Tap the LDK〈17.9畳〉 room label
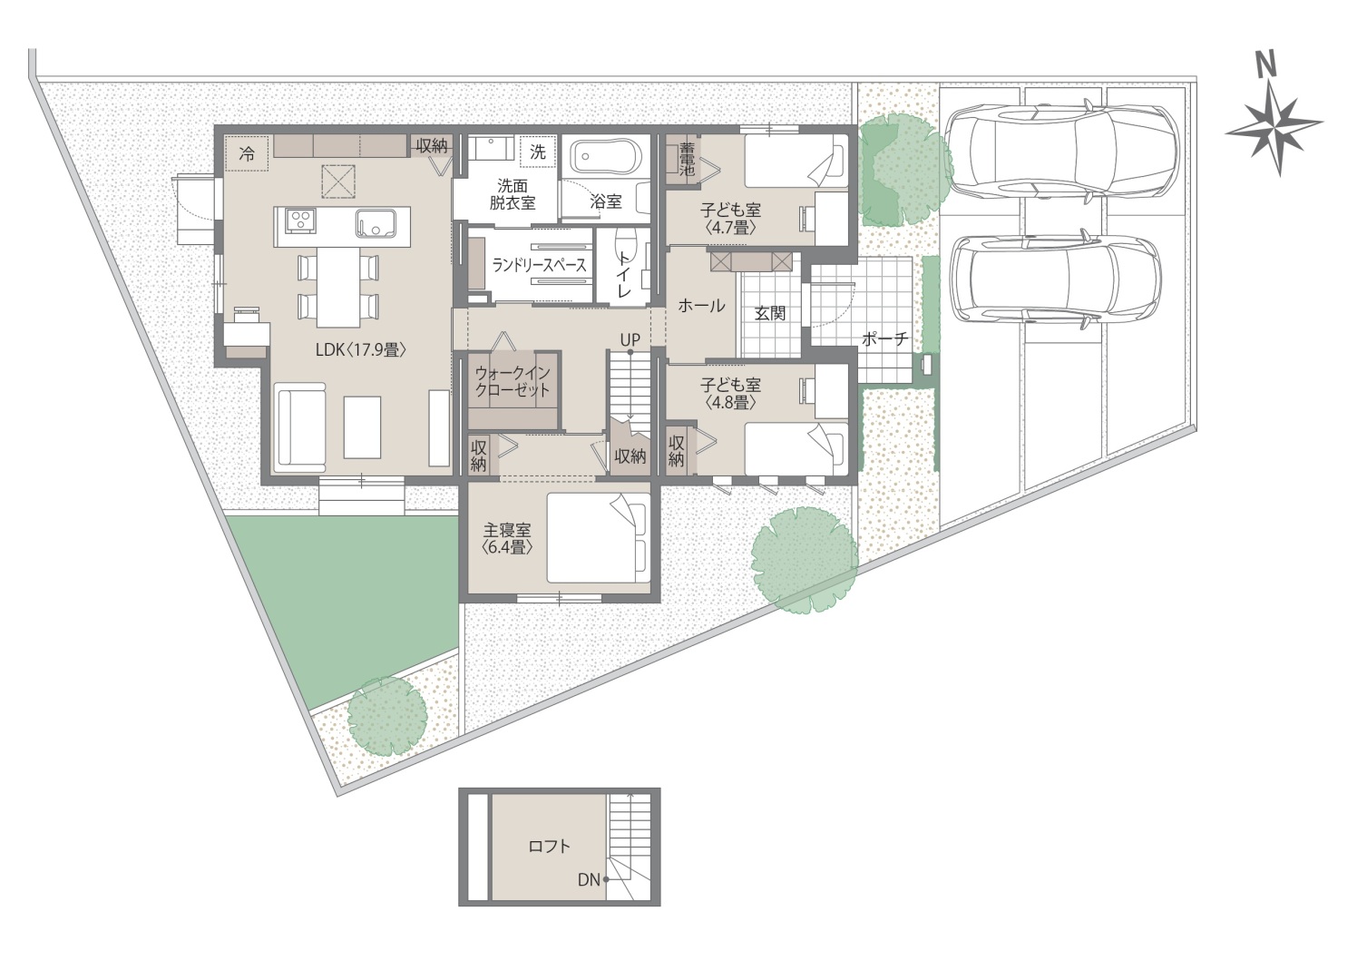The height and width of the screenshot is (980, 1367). [x=361, y=350]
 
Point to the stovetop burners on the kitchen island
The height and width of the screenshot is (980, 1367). [x=300, y=220]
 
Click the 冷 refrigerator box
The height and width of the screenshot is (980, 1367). [x=247, y=154]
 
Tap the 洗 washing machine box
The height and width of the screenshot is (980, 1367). [x=537, y=152]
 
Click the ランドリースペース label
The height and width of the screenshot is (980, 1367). [x=539, y=265]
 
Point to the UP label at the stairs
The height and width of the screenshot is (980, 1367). [x=630, y=339]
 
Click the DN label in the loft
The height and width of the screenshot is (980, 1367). [x=589, y=880]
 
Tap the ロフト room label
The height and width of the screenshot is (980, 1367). [x=549, y=847]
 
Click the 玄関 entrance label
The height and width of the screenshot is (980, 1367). [x=769, y=313]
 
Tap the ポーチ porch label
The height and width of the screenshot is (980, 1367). [x=885, y=338]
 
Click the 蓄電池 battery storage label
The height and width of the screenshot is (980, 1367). [x=688, y=159]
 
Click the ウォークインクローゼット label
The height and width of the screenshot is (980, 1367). [x=513, y=382]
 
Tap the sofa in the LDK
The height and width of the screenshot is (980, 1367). [x=300, y=426]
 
